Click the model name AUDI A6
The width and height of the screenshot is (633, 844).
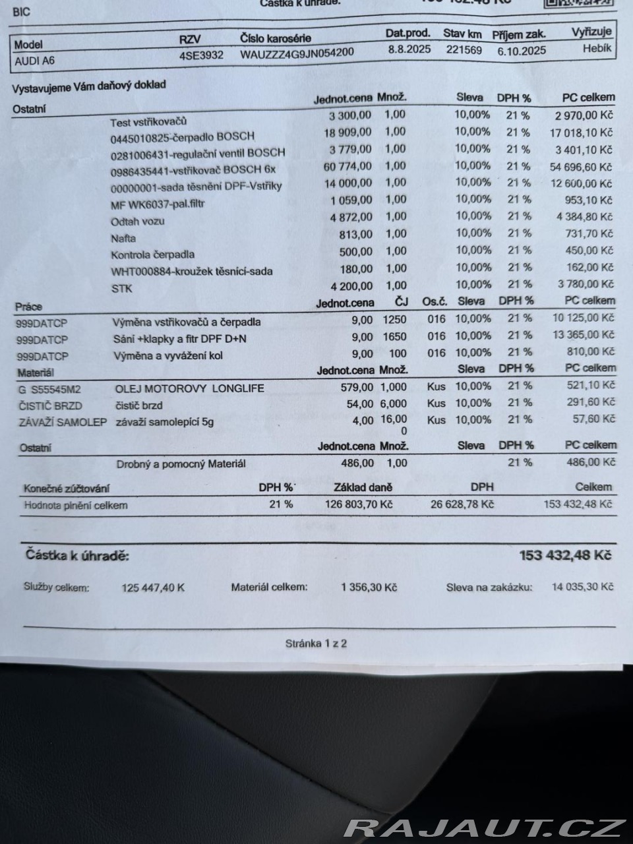click(35, 61)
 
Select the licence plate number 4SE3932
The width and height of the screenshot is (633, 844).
click(201, 55)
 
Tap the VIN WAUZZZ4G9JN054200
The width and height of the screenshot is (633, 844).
click(297, 53)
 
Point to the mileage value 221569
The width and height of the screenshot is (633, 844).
click(464, 49)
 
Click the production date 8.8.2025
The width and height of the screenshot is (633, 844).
click(409, 49)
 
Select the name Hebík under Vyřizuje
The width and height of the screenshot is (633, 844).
click(597, 48)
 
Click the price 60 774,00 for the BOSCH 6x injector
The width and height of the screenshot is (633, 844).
click(347, 166)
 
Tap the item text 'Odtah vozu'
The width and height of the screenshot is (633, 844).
click(138, 222)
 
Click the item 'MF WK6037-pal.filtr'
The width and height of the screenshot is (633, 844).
click(158, 204)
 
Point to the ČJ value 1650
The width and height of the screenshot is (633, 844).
click(394, 336)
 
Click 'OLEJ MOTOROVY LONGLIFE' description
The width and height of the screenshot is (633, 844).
click(189, 388)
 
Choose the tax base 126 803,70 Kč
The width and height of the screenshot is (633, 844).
click(359, 504)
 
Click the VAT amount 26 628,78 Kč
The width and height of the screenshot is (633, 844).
click(462, 504)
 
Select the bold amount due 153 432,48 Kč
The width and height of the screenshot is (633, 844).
click(565, 555)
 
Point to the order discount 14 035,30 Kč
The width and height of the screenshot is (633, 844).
click(582, 587)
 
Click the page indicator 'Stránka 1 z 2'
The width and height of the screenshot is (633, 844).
click(316, 644)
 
